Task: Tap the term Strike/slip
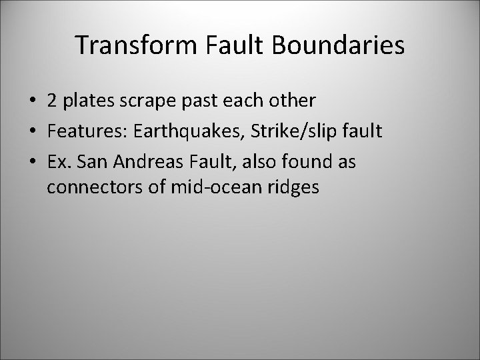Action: [283, 131]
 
